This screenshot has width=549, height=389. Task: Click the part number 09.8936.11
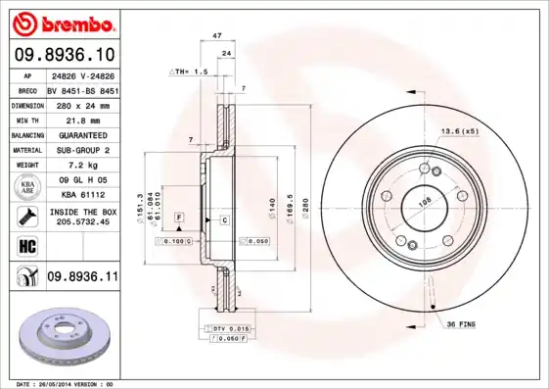(x=82, y=277)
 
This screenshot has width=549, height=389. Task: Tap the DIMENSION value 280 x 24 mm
(x=82, y=103)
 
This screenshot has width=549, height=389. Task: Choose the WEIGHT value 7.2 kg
(x=82, y=166)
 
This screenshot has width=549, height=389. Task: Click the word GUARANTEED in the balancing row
(x=82, y=134)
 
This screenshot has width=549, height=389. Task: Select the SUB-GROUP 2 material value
(x=82, y=150)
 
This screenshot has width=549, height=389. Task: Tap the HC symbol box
(x=26, y=245)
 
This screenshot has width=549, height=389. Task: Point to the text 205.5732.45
(x=82, y=220)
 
